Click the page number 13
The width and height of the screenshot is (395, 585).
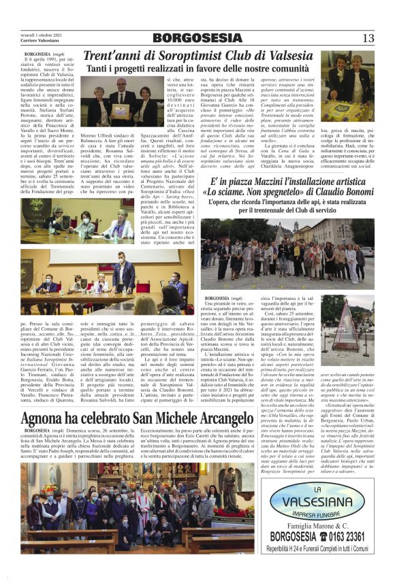coord(368,37)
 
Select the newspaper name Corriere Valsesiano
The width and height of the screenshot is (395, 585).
coord(39,41)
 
